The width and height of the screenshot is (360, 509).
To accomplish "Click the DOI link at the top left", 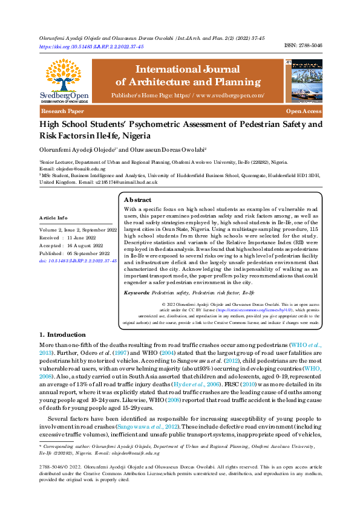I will pyautogui.click(x=91, y=46).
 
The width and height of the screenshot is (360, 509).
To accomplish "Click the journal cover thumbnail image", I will pyautogui.click(x=306, y=79).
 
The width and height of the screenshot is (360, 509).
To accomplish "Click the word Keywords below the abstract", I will pyautogui.click(x=136, y=292).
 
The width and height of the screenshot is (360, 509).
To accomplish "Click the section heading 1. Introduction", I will pyautogui.click(x=62, y=334).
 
